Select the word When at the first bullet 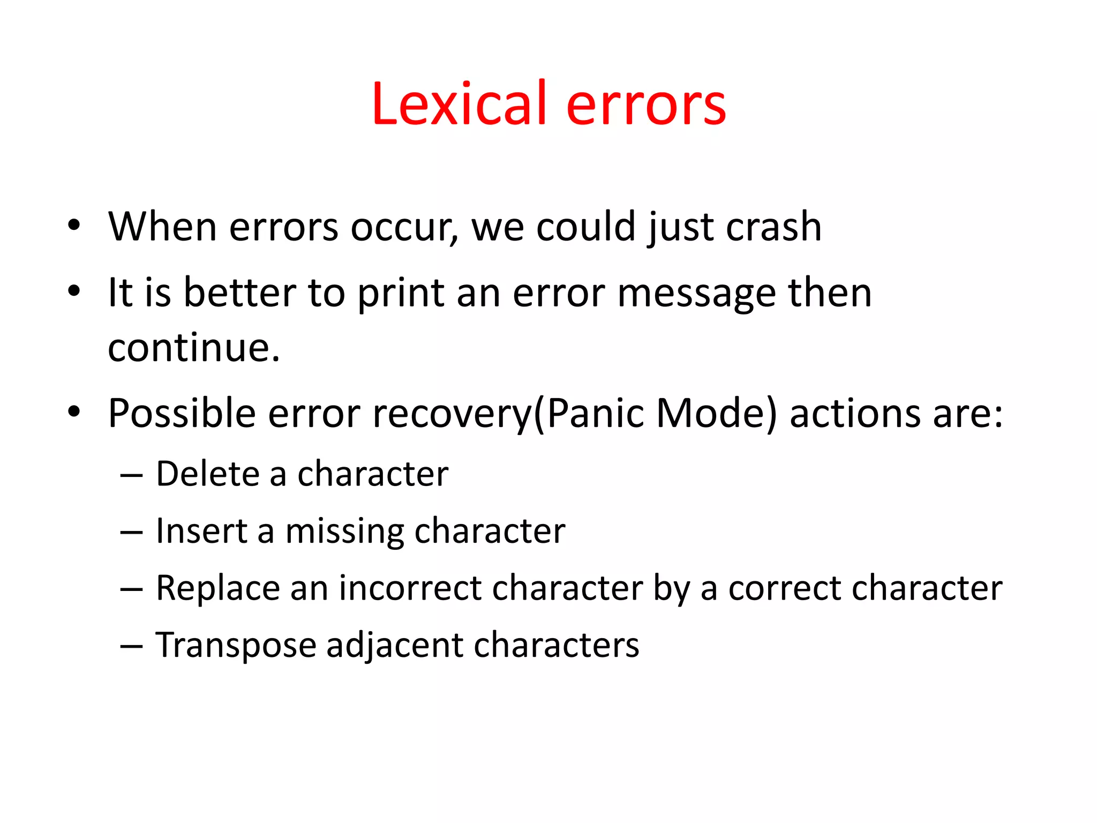(x=162, y=227)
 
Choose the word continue (x=193, y=348)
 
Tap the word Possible (x=182, y=414)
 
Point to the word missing (x=344, y=532)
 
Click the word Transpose (x=236, y=646)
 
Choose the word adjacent (x=394, y=646)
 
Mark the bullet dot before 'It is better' (x=74, y=291)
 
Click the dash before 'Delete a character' (x=131, y=475)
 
